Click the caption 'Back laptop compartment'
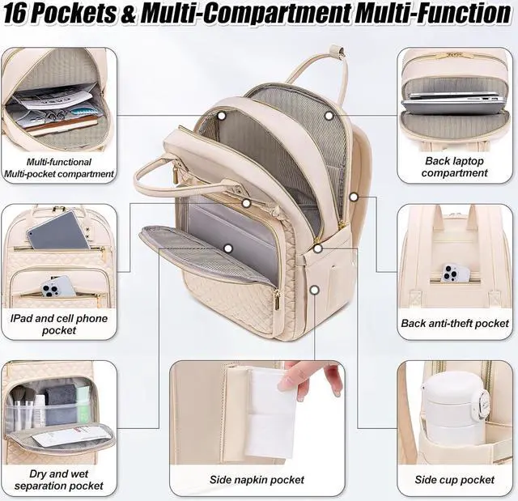click(x=455, y=167)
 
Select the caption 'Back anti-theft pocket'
click(x=455, y=324)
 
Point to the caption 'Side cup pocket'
click(x=455, y=480)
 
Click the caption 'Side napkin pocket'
click(x=257, y=480)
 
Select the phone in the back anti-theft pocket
click(x=456, y=273)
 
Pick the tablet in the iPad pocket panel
click(x=57, y=231)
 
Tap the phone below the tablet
click(x=57, y=286)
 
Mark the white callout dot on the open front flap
click(x=227, y=248)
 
